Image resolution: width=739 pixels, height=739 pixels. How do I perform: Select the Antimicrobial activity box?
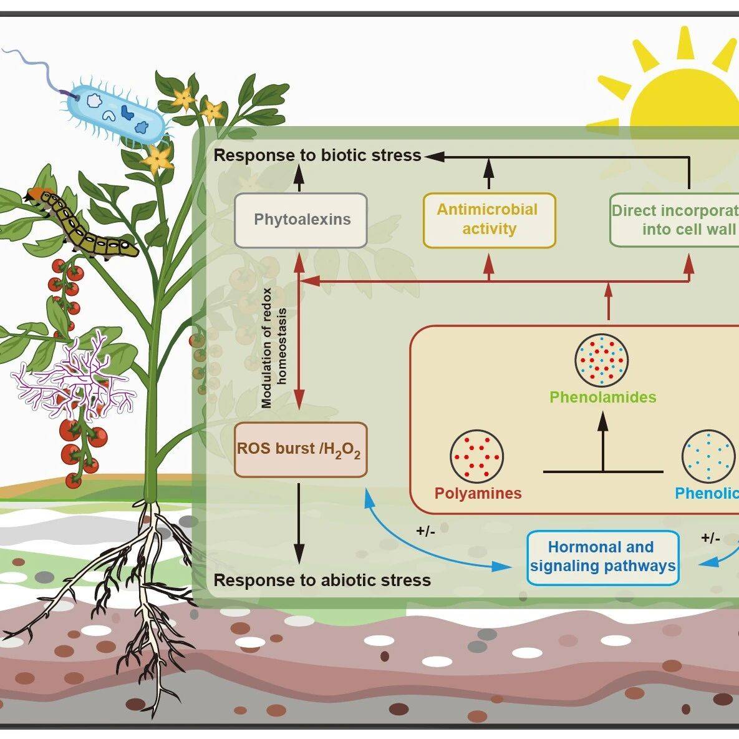[x=488, y=220]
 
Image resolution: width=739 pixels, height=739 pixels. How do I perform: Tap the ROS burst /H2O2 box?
[x=299, y=450]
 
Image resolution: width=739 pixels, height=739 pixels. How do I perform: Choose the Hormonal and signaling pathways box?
[x=602, y=557]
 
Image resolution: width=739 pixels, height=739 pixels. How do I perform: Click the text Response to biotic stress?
[x=317, y=155]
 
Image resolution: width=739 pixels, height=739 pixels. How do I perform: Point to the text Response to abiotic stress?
[x=322, y=580]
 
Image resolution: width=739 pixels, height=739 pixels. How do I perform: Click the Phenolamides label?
[x=602, y=397]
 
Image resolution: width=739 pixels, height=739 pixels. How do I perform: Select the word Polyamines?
[x=478, y=493]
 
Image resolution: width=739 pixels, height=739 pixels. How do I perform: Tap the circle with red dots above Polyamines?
[x=476, y=455]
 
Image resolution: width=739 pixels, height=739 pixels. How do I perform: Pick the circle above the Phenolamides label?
[x=601, y=361]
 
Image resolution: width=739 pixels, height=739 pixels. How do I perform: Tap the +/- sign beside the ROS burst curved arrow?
[x=425, y=531]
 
